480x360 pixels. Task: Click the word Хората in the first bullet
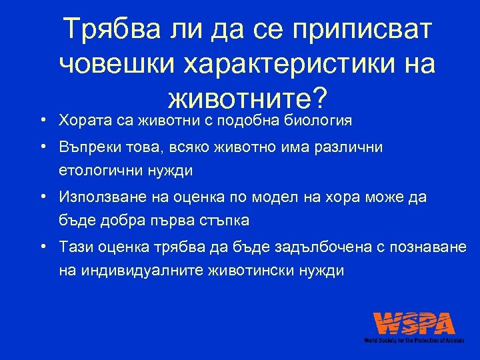click(82, 121)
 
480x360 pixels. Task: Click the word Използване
click(97, 197)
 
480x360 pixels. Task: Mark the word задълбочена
click(320, 247)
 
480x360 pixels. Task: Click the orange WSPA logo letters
click(414, 324)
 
